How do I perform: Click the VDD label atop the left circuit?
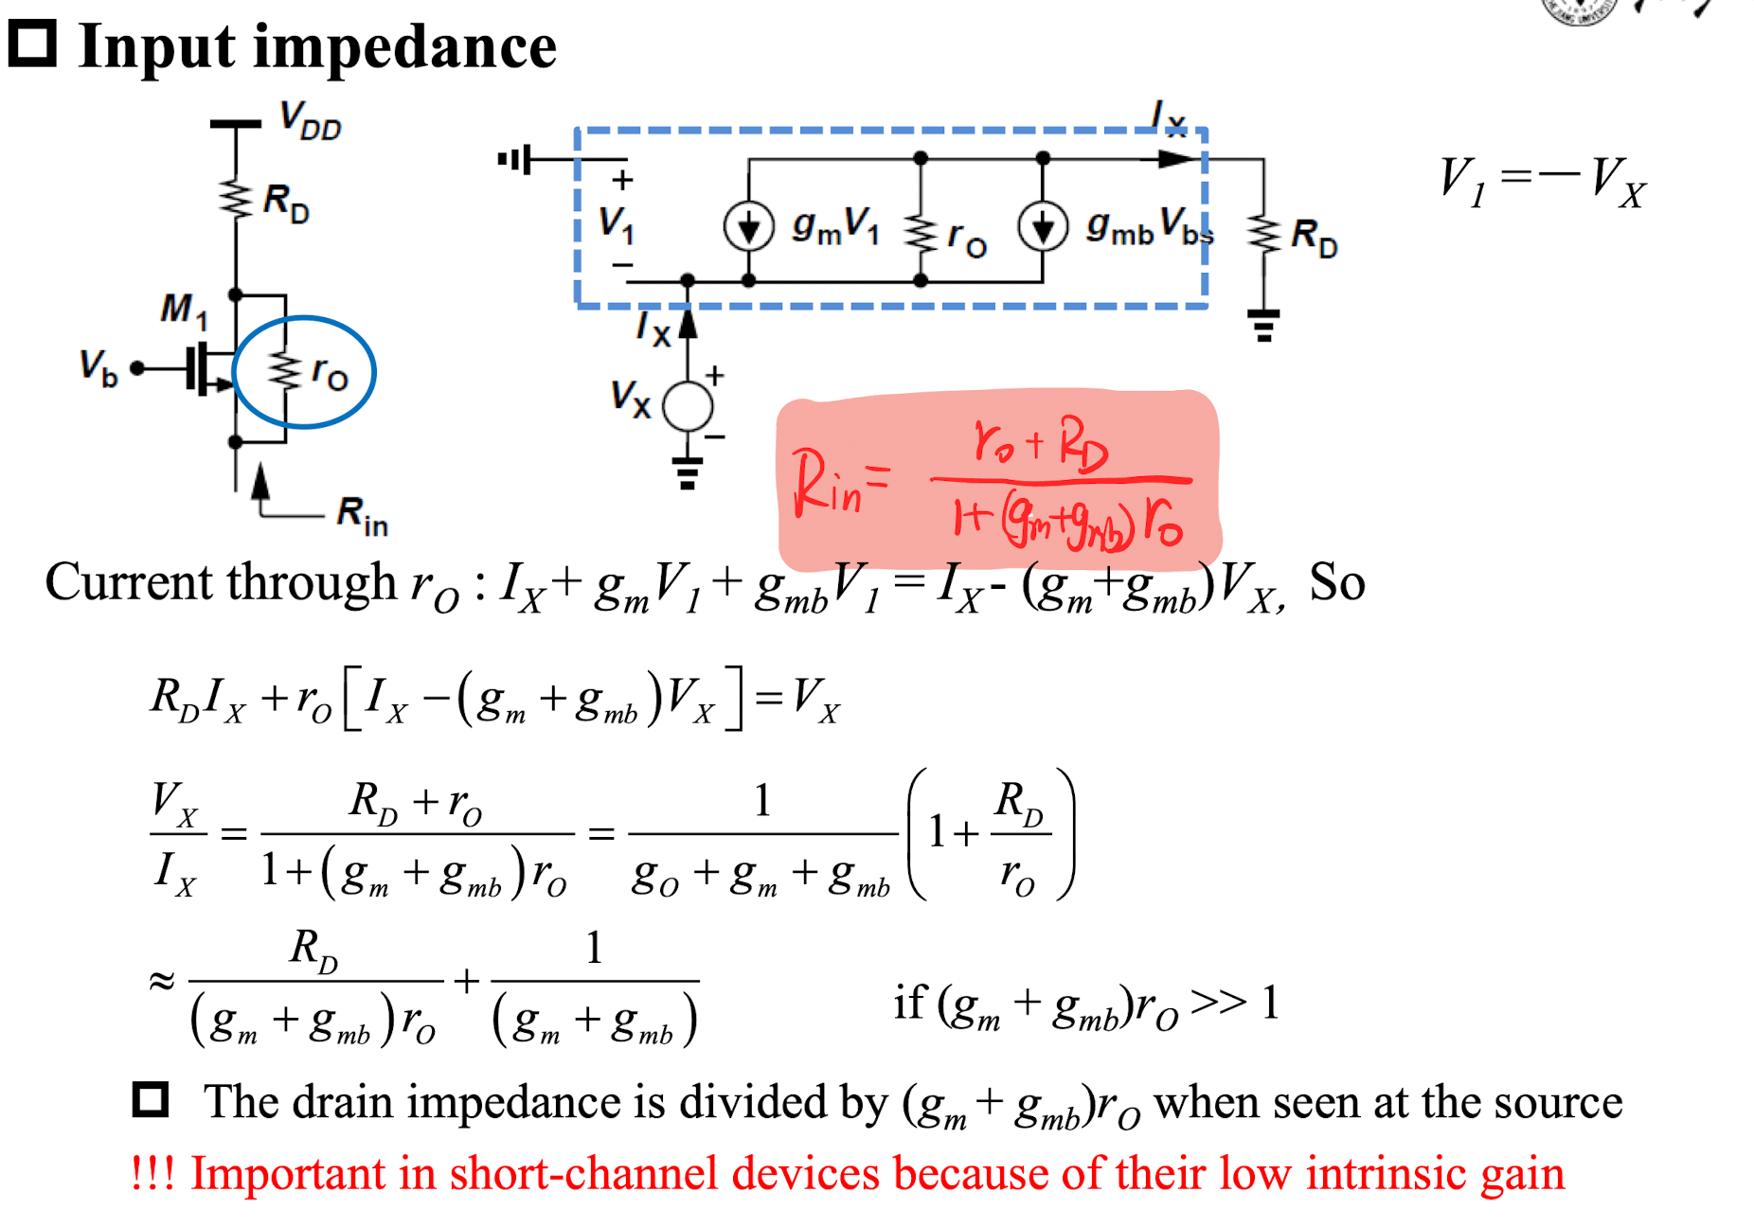[x=311, y=121]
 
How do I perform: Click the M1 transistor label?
[x=184, y=310]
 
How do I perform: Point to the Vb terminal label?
[x=98, y=367]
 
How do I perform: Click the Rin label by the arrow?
[x=363, y=517]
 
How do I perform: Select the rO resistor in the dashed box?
[x=920, y=233]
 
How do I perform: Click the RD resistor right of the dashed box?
[x=1263, y=234]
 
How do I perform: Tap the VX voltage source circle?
[x=688, y=407]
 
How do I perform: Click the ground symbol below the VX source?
[x=688, y=473]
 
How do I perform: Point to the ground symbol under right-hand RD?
[x=1263, y=326]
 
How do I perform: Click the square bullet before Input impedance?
[x=32, y=44]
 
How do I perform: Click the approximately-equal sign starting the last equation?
[x=162, y=981]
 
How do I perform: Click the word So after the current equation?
[x=1337, y=582]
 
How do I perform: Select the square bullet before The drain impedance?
[x=151, y=1100]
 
